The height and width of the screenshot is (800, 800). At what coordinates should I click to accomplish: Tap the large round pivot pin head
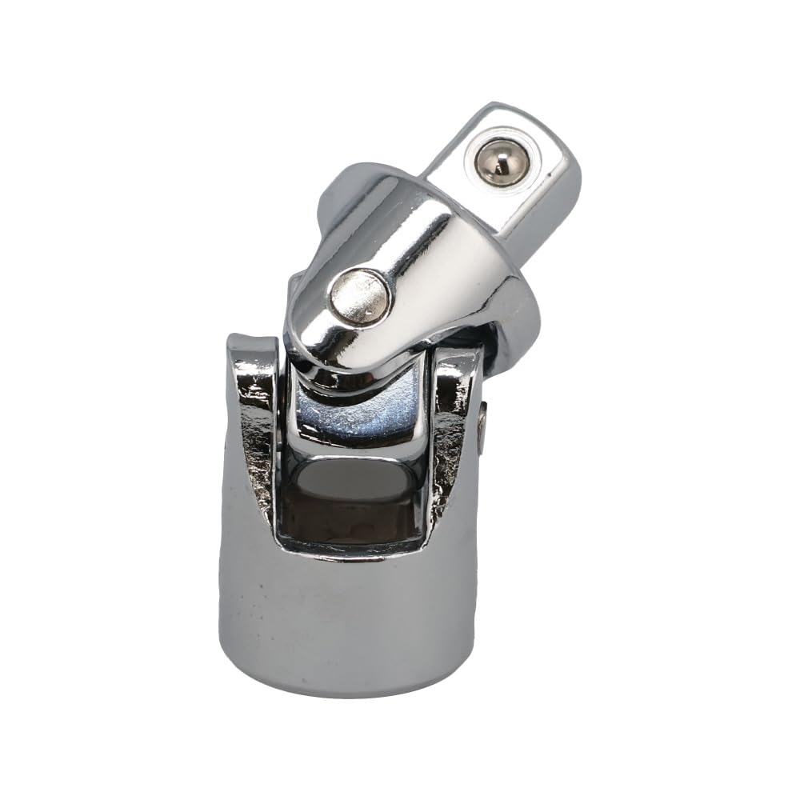point(361,297)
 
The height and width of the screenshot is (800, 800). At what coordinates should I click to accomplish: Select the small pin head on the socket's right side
point(482,427)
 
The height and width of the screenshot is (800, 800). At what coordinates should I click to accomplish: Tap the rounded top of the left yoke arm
point(253,344)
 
